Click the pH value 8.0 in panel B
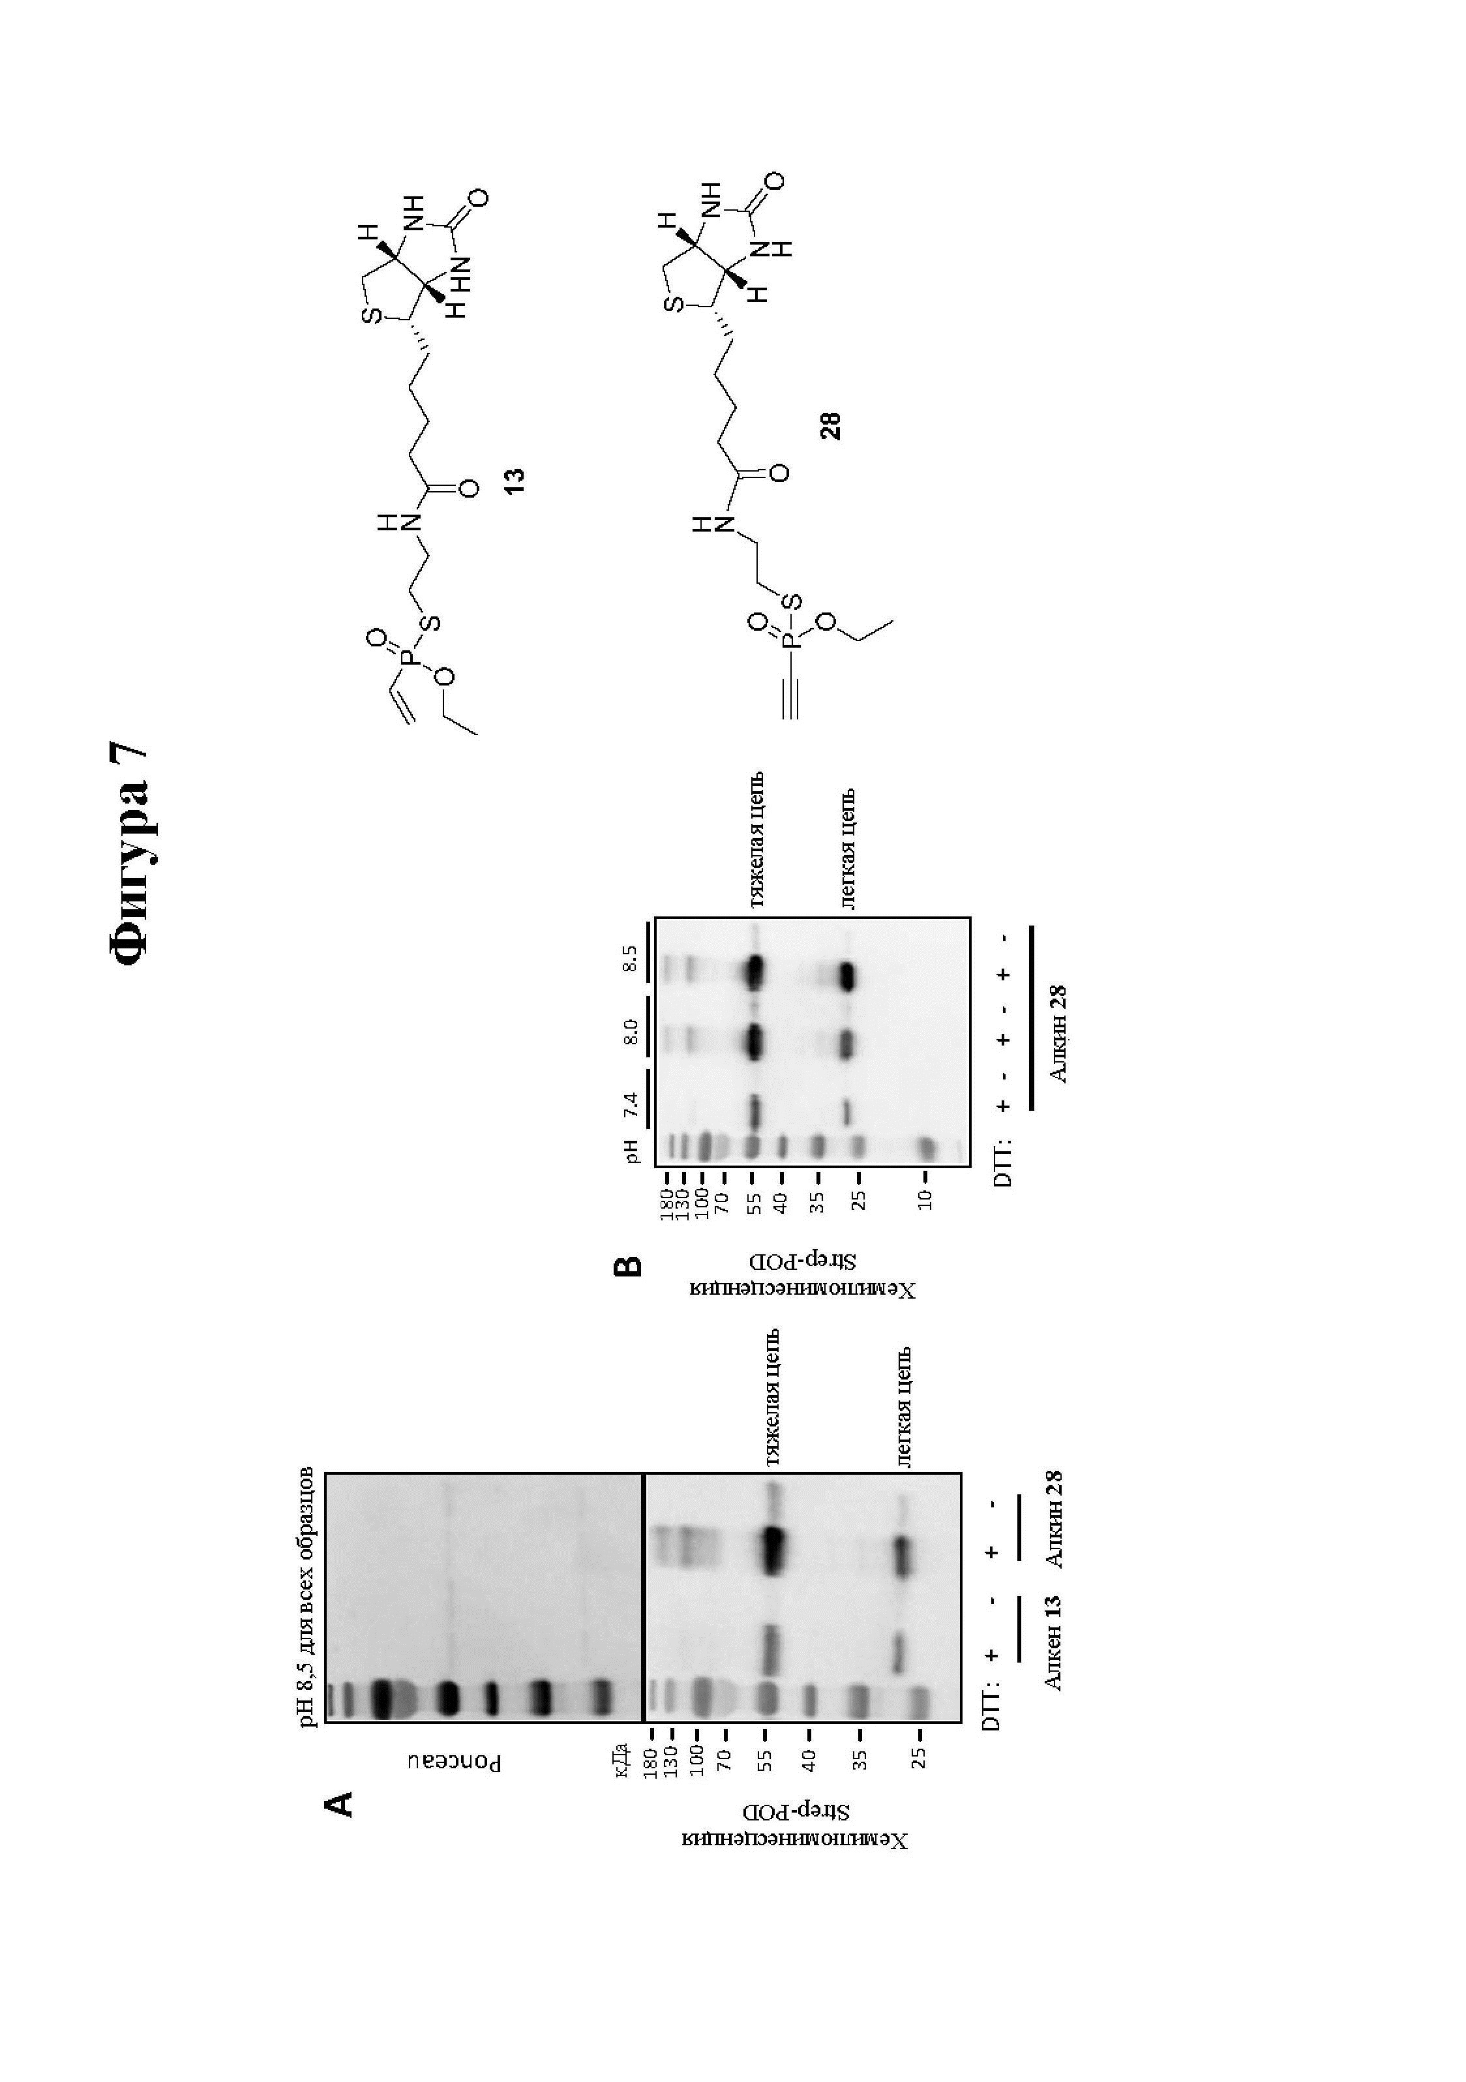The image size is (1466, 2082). pos(632,1032)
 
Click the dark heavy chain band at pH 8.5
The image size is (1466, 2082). pos(755,974)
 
